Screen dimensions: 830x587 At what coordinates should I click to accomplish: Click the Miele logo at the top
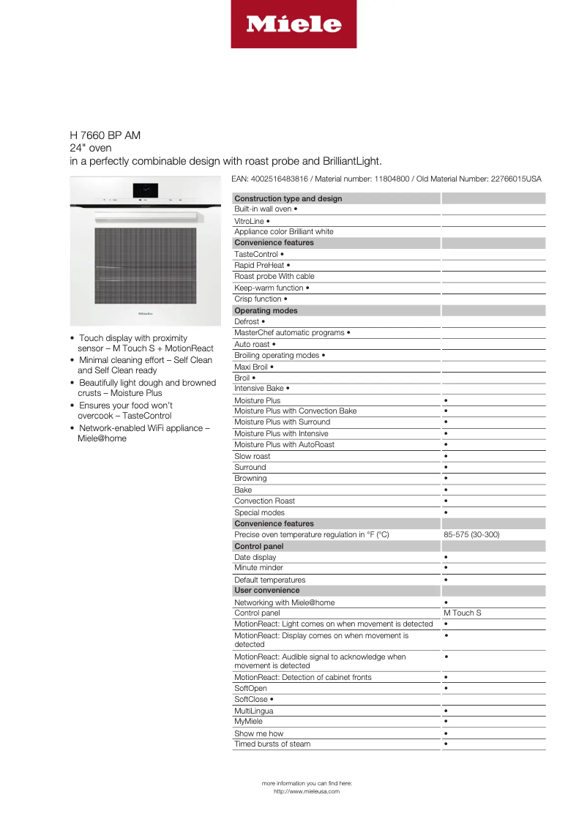pos(293,24)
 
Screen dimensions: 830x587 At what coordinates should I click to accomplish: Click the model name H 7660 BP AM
pos(105,135)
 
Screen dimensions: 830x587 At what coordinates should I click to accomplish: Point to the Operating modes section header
pos(266,310)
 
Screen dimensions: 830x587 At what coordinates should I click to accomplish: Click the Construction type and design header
pos(288,198)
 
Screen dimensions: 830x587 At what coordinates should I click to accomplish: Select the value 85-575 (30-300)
pos(471,535)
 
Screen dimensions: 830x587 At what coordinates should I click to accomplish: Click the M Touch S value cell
pos(463,613)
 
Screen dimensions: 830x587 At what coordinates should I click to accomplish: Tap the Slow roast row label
pos(252,456)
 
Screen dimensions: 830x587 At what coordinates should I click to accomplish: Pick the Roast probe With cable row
pos(274,277)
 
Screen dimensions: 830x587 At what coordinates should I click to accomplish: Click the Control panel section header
pos(258,546)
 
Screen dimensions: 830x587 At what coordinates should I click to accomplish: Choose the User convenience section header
pos(266,590)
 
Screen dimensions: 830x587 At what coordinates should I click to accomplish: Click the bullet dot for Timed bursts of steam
pos(446,744)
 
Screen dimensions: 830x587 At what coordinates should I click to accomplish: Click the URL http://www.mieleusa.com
pos(307,791)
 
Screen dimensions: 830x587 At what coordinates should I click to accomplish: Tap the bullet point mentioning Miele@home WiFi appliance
pos(144,433)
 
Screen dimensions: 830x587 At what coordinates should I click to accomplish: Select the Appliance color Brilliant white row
pos(283,232)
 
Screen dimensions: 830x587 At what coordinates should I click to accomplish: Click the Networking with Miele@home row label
pos(284,602)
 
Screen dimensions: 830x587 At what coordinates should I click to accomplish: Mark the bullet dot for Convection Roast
pos(446,501)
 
